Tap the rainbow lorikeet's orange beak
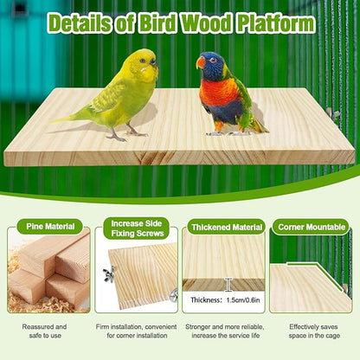201,62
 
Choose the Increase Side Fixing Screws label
136,228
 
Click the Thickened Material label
225,227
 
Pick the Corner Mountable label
312,227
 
